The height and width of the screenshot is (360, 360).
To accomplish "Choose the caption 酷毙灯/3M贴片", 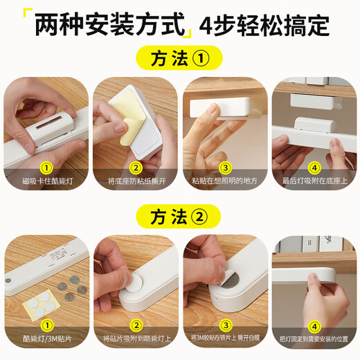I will tap(46, 339).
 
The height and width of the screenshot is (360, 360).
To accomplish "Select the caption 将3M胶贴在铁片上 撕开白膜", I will tap(224, 339).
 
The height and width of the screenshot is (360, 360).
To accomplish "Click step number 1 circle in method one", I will tap(46, 166).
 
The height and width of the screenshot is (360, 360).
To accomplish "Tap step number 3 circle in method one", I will tap(224, 166).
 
